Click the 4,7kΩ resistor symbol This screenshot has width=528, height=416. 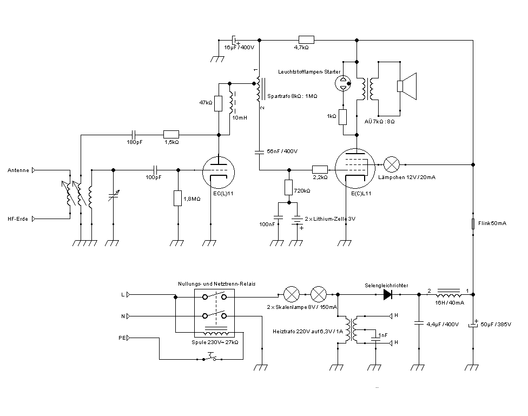(x=306, y=39)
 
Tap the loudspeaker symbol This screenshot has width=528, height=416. (x=407, y=87)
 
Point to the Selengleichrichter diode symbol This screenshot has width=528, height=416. (x=387, y=294)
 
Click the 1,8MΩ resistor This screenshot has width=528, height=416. (x=177, y=198)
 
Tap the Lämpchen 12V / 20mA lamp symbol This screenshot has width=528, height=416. (x=391, y=163)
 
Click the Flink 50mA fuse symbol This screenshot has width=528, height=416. (x=473, y=223)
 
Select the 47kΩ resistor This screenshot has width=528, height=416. (x=219, y=103)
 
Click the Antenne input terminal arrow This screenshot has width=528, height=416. (x=34, y=170)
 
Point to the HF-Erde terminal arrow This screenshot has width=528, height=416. (x=34, y=219)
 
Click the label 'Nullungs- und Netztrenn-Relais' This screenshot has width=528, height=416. (x=217, y=284)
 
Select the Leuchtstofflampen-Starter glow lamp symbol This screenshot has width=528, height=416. (x=342, y=83)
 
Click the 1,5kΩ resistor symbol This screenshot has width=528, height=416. (x=171, y=134)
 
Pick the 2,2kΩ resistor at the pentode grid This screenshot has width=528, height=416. (x=320, y=169)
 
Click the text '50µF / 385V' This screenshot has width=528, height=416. (x=498, y=324)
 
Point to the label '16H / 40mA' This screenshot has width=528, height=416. (x=450, y=303)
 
